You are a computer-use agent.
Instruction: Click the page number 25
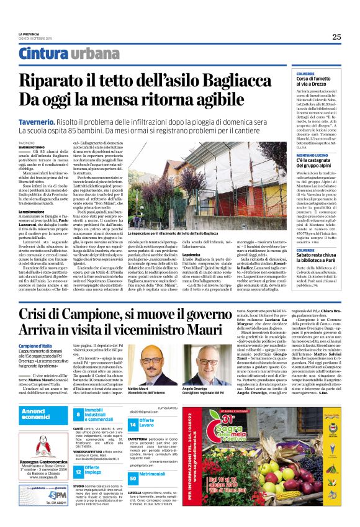[336, 37]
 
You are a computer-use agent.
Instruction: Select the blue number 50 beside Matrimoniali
[133, 477]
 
